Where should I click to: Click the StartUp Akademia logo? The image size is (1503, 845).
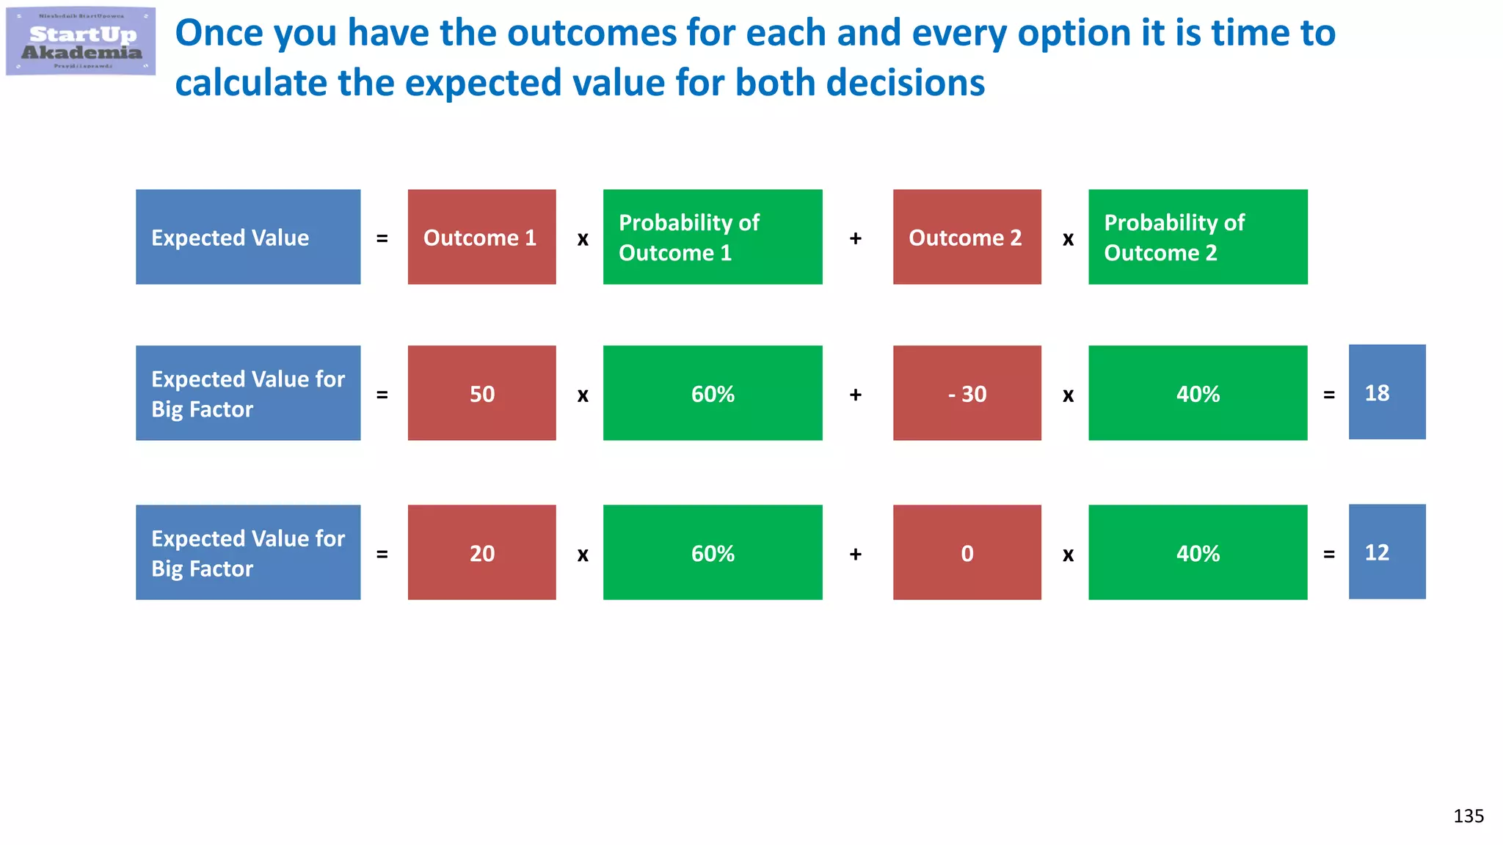81,42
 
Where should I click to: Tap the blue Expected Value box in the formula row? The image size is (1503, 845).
248,237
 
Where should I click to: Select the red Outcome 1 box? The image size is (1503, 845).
481,237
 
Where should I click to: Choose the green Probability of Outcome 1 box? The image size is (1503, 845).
712,237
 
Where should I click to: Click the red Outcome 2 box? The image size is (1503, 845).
967,237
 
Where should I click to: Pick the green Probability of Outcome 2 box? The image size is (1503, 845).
1197,237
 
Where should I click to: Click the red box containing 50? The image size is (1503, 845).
481,393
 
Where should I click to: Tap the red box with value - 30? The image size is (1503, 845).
967,393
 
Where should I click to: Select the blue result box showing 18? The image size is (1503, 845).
1386,392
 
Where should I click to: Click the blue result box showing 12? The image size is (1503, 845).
1386,552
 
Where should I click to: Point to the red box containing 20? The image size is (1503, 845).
481,552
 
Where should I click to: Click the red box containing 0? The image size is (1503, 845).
967,552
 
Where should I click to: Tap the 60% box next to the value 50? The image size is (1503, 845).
712,393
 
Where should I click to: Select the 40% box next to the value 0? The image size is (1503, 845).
1197,552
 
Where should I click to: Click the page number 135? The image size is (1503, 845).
1468,816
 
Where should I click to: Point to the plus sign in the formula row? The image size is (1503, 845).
855,238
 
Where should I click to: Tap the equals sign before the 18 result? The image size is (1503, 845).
1328,395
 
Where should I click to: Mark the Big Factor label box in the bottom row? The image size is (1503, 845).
248,552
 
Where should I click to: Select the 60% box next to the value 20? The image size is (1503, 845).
712,552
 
